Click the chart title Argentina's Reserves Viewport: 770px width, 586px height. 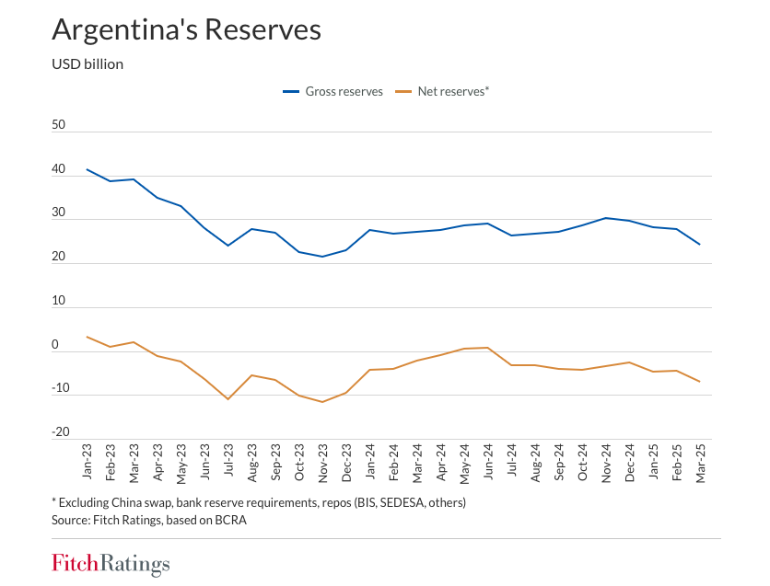186,29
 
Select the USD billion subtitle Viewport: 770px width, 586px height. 87,64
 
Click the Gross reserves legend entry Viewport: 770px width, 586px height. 332,92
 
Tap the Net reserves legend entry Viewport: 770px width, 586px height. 441,92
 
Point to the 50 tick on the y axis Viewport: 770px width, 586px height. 59,125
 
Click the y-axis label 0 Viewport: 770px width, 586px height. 55,345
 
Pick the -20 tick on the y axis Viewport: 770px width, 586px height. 60,432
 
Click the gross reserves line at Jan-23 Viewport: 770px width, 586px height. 87,169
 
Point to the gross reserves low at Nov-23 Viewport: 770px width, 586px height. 322,257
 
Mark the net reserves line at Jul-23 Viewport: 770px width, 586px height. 228,399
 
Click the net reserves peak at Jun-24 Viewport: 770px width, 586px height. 488,348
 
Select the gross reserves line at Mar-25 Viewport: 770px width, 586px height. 700,245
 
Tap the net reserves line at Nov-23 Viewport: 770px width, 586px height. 322,402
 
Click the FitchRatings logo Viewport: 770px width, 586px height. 111,563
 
